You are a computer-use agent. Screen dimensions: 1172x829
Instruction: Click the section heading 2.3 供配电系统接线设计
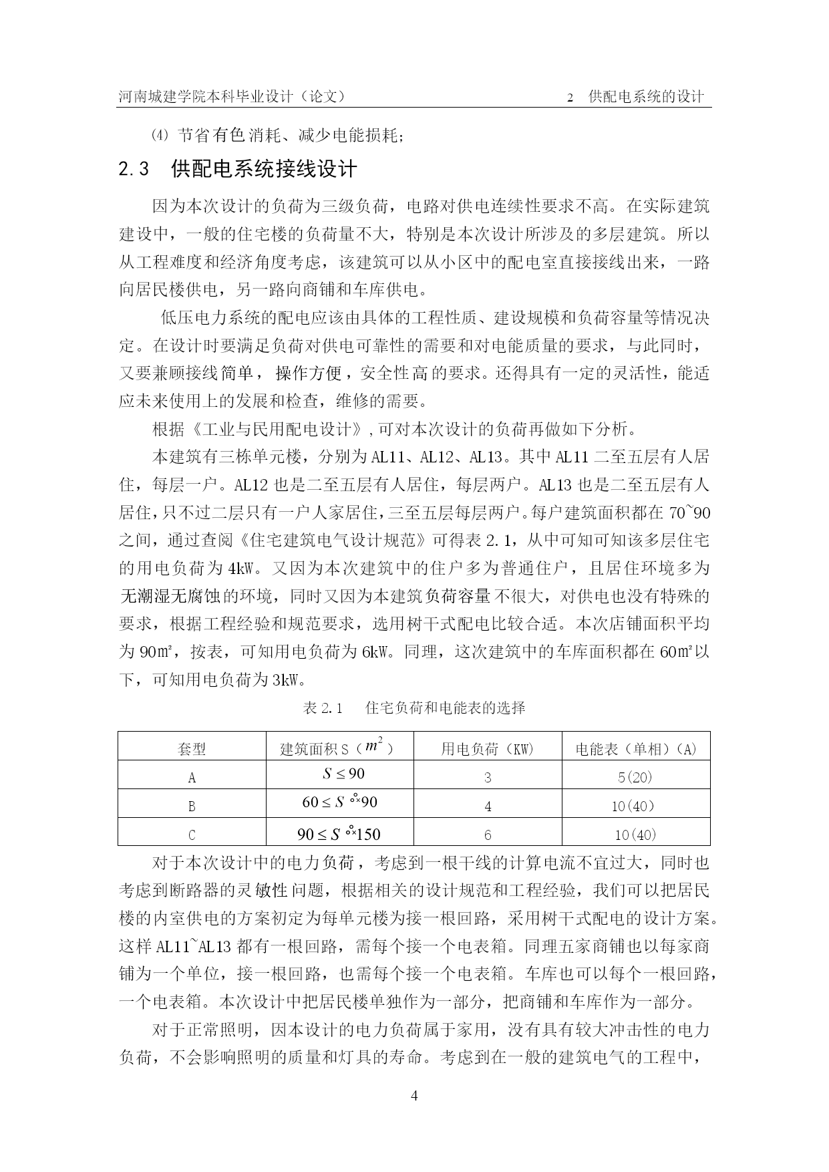pyautogui.click(x=238, y=169)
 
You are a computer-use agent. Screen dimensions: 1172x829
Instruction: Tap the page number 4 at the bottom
pyautogui.click(x=414, y=1096)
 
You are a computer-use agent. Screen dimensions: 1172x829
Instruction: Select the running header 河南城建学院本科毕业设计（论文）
pyautogui.click(x=232, y=96)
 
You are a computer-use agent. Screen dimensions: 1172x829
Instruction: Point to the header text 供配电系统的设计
pyautogui.click(x=646, y=96)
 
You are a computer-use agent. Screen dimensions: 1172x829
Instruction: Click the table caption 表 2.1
pyautogui.click(x=323, y=708)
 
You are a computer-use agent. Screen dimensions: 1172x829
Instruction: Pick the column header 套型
pyautogui.click(x=192, y=748)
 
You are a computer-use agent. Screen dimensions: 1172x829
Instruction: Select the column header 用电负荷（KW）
pyautogui.click(x=488, y=748)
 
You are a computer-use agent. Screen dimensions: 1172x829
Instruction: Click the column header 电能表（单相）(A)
pyautogui.click(x=636, y=748)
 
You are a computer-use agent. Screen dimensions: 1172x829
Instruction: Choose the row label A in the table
pyautogui.click(x=192, y=777)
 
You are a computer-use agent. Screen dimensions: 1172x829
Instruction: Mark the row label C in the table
pyautogui.click(x=192, y=835)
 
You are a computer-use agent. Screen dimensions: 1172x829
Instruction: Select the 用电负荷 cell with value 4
pyautogui.click(x=488, y=807)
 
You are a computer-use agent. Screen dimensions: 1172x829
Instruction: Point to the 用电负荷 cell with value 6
pyautogui.click(x=488, y=835)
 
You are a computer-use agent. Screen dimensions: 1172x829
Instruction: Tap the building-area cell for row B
pyautogui.click(x=339, y=802)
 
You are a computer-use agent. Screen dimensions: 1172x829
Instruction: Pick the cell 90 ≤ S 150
pyautogui.click(x=339, y=833)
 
